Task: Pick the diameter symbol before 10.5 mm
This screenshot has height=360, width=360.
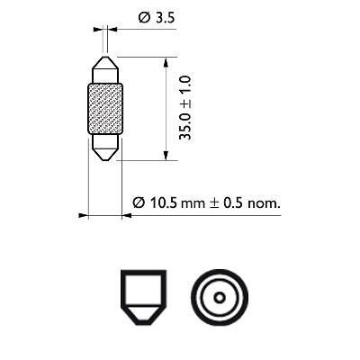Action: [139, 203]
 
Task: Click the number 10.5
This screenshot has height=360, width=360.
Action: [163, 203]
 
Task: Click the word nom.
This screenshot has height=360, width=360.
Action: [264, 203]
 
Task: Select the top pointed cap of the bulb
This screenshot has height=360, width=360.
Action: [105, 70]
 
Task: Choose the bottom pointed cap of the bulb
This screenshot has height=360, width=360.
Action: [105, 147]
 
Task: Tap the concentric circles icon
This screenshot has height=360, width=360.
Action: [216, 298]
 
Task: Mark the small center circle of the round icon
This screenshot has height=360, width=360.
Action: [216, 298]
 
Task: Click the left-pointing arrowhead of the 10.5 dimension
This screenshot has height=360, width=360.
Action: [84, 217]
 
